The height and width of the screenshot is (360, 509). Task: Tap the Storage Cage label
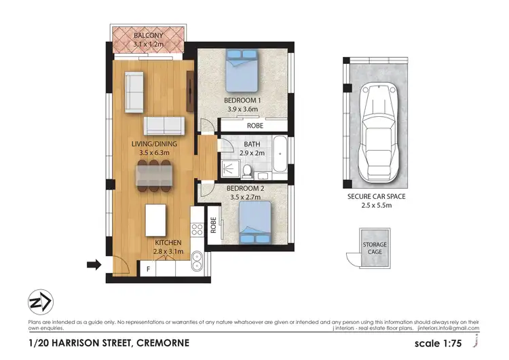[375, 249]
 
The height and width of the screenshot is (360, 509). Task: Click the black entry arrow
[94, 264]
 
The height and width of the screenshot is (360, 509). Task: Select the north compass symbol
[39, 303]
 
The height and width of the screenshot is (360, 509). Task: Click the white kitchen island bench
[157, 219]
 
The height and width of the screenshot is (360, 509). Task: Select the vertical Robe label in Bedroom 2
[213, 225]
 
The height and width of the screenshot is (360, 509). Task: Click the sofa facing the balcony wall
[134, 93]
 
